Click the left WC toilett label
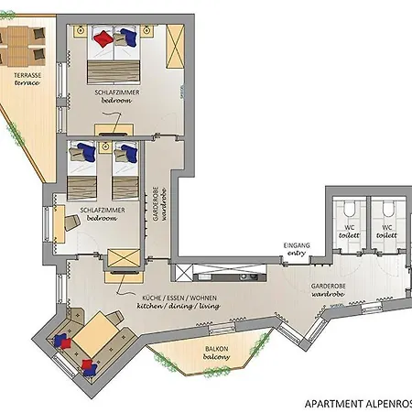[x=348, y=231]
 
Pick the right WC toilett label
[x=386, y=231]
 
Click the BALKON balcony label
[x=217, y=352]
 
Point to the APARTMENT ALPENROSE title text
[x=356, y=402]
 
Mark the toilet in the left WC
[x=348, y=207]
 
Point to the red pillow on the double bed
[x=103, y=38]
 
